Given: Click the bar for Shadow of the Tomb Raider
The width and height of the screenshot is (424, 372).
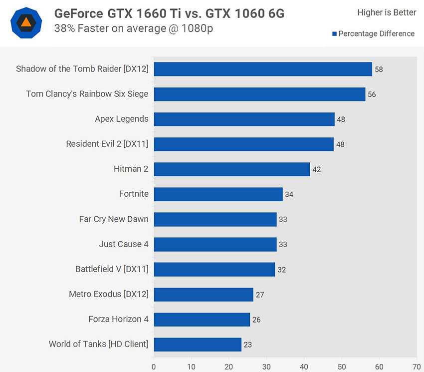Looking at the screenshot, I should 263,69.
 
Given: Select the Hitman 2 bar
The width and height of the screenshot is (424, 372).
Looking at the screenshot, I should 231,169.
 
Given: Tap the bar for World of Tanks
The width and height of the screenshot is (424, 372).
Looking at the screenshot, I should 198,344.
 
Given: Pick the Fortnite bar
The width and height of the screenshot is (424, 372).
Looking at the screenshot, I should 218,194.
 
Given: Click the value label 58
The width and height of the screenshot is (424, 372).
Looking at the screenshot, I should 379,69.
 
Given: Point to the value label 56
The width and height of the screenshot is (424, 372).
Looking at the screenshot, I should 372,94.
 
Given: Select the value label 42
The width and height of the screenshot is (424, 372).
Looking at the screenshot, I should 316,169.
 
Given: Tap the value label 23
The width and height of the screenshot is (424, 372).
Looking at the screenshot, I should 248,345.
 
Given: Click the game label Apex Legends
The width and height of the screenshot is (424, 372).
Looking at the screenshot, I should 122,119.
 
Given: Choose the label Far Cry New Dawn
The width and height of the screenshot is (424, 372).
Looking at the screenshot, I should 114,219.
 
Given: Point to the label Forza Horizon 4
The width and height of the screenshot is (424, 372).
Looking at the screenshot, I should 118,319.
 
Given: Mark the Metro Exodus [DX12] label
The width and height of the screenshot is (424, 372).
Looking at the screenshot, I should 109,294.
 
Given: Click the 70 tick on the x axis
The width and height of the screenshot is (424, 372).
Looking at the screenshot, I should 417,366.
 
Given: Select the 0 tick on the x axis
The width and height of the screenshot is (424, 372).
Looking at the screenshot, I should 154,366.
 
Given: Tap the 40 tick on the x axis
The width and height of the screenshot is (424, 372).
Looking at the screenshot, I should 304,366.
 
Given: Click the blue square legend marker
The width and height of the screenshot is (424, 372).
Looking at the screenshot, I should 335,34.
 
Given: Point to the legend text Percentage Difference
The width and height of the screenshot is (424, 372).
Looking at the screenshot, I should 376,34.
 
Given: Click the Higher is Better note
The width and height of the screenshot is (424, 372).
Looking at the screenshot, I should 387,12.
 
